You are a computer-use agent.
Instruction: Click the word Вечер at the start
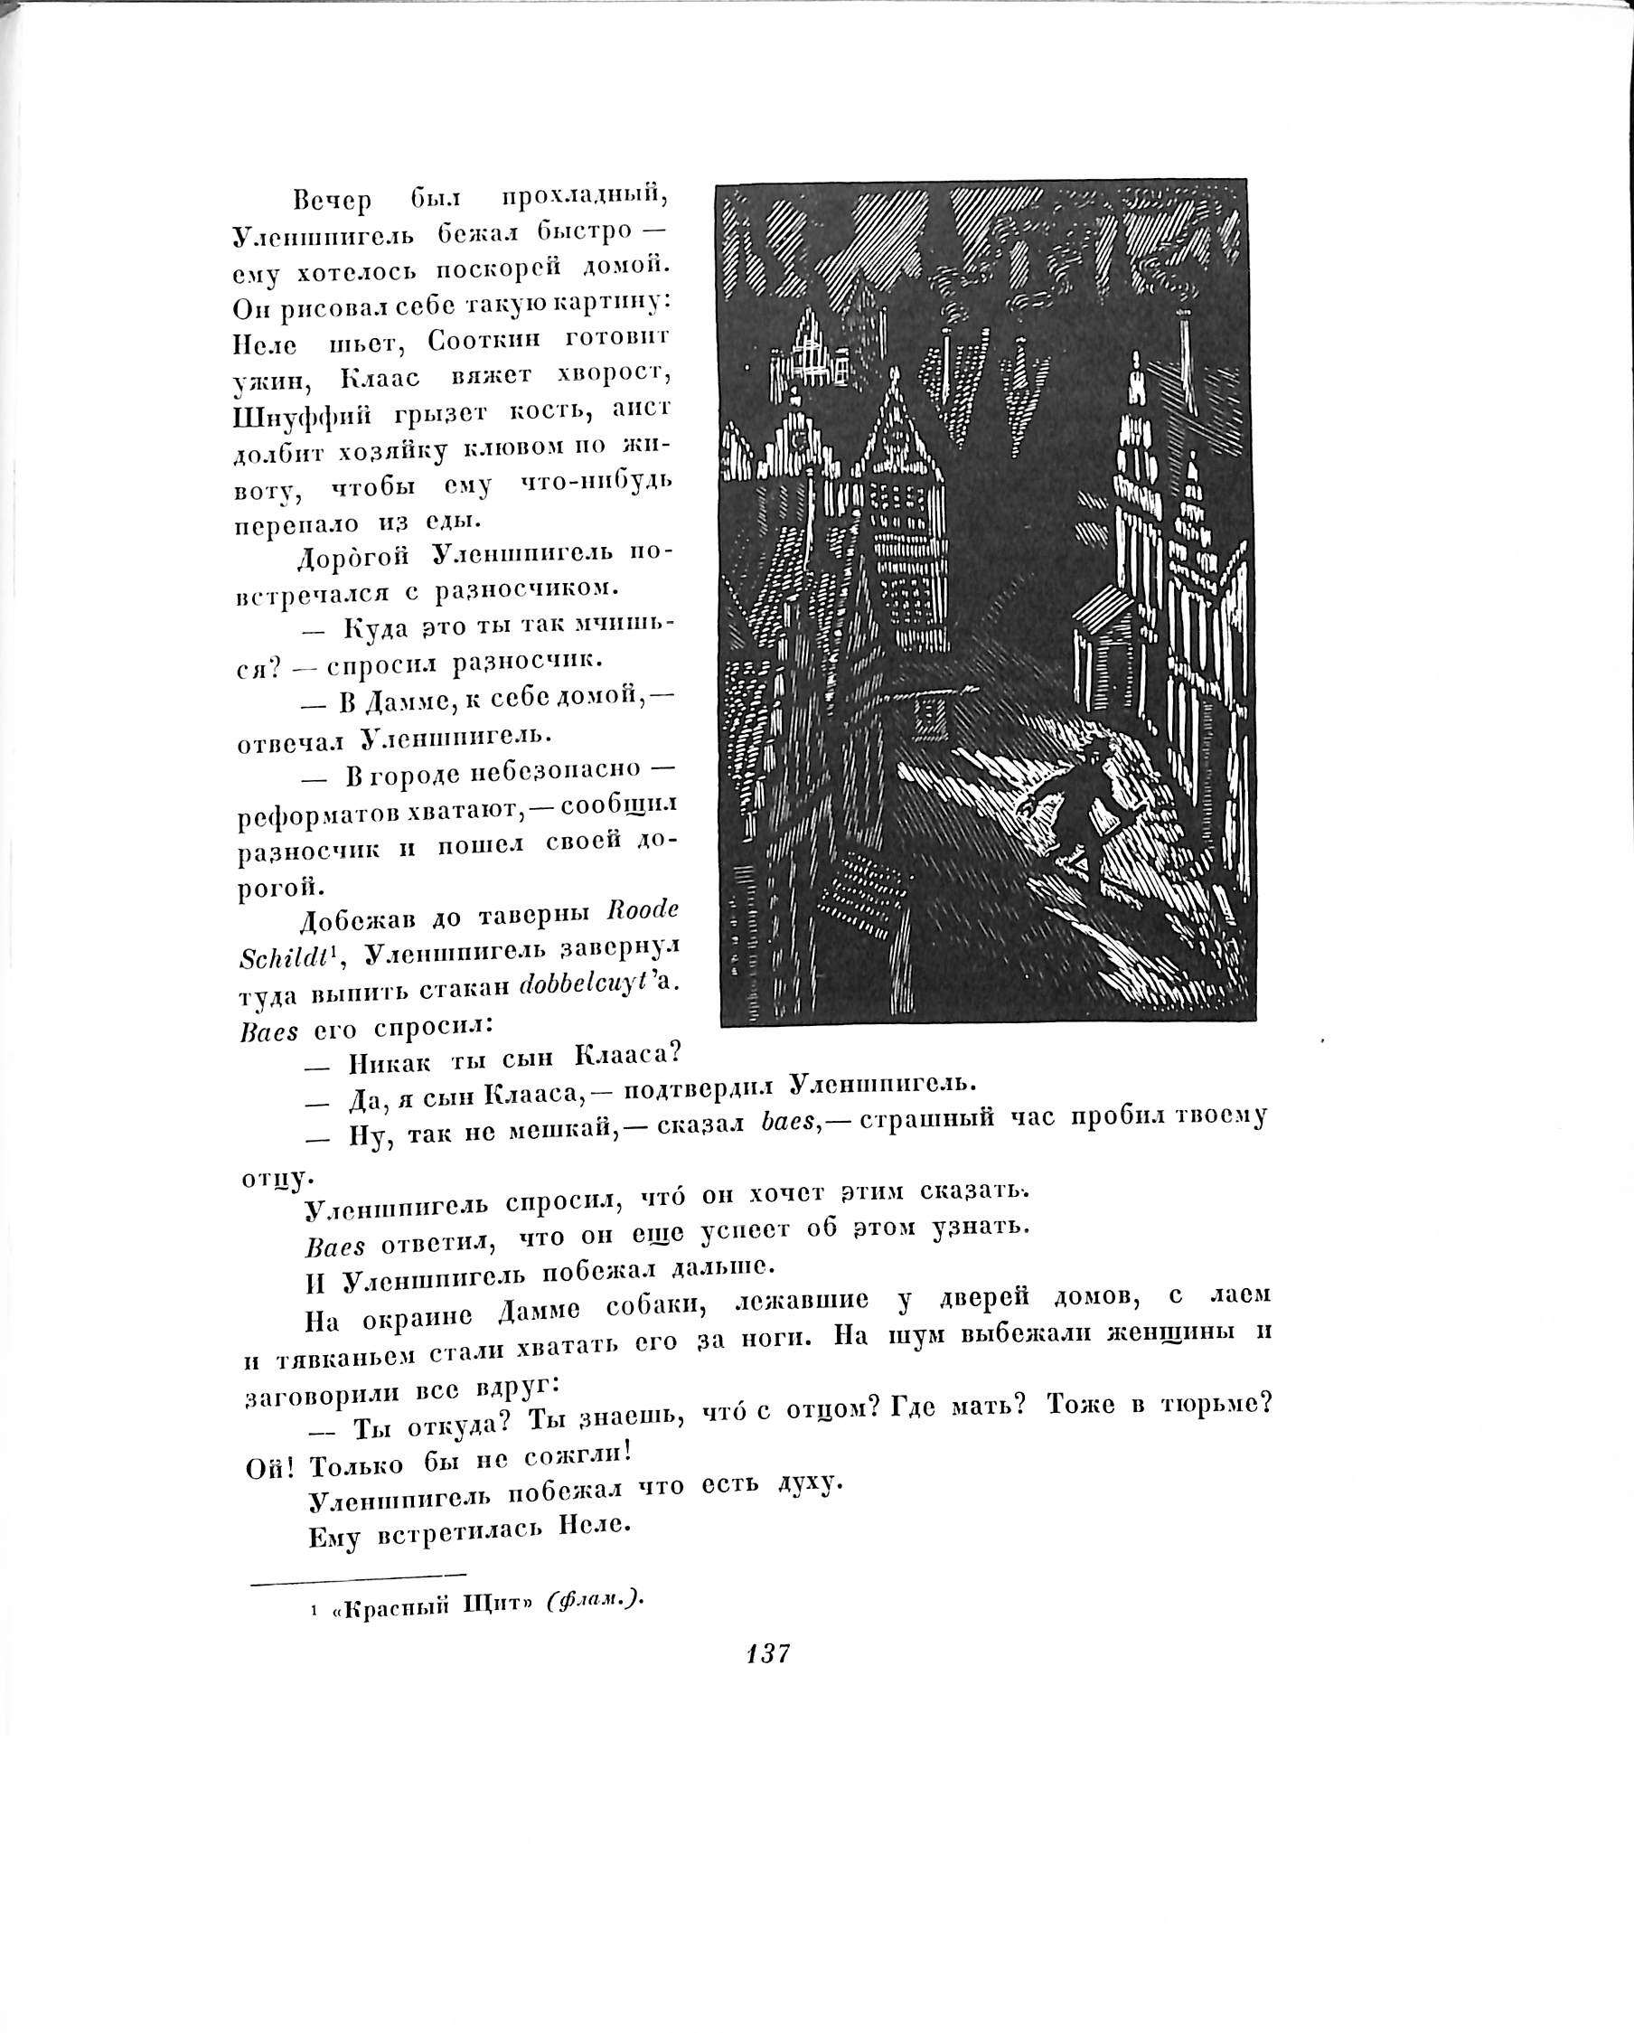pyautogui.click(x=332, y=201)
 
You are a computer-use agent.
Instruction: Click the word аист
pyautogui.click(x=641, y=409)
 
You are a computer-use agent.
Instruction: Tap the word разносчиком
pyautogui.click(x=526, y=589)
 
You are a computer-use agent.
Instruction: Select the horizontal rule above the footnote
pyautogui.click(x=357, y=1574)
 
